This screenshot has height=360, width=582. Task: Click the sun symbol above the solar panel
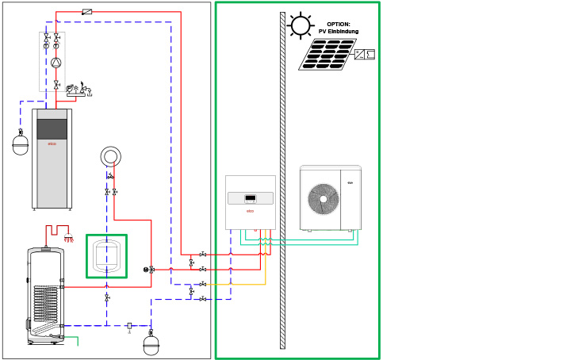[x=301, y=25]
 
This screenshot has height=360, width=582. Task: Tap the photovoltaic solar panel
[x=327, y=55]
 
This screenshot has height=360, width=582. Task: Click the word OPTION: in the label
[x=339, y=25]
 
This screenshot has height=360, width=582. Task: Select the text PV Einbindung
[x=339, y=32]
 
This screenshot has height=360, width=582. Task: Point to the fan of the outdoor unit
[x=323, y=199]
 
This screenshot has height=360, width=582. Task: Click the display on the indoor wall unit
[x=250, y=198]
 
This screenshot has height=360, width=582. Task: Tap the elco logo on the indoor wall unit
[x=250, y=212]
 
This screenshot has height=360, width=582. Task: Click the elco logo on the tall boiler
[x=52, y=144]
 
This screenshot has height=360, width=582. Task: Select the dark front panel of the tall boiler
[x=52, y=128]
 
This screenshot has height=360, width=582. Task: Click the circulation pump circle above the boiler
[x=56, y=63]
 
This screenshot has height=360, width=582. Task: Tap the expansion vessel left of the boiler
[x=21, y=146]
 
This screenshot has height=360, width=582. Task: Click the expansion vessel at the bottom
[x=151, y=346]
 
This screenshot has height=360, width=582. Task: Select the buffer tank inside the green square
[x=106, y=255]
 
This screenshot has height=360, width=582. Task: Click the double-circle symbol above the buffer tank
[x=111, y=156]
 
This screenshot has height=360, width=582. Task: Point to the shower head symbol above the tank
[x=69, y=238]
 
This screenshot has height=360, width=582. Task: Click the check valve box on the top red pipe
[x=86, y=12]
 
